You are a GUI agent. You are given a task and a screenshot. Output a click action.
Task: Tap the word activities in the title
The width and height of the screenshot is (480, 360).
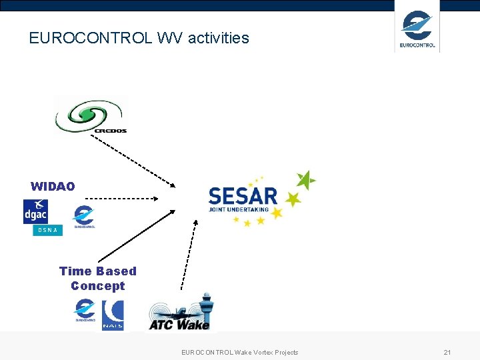click(x=218, y=38)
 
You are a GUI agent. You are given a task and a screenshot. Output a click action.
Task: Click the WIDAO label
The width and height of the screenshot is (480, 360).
click(x=53, y=187)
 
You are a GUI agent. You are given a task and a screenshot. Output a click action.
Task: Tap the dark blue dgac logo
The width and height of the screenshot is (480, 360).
click(x=35, y=211)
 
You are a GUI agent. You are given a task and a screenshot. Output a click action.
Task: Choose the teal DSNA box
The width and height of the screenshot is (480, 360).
click(x=47, y=230)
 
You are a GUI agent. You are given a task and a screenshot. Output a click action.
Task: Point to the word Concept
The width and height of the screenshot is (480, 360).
click(x=98, y=286)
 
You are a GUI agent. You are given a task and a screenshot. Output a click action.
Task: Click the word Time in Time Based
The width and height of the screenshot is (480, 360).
click(x=74, y=271)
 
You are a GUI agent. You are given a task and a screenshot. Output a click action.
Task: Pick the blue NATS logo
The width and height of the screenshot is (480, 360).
click(x=113, y=315)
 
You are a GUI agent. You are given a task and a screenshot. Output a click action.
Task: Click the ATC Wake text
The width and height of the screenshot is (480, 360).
click(x=179, y=325)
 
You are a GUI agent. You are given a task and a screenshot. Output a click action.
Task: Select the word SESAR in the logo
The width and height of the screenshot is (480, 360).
click(x=243, y=196)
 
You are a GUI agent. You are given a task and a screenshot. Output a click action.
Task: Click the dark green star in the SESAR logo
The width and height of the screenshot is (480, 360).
click(x=305, y=180)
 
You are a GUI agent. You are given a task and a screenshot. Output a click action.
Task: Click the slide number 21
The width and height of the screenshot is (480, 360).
click(x=447, y=352)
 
